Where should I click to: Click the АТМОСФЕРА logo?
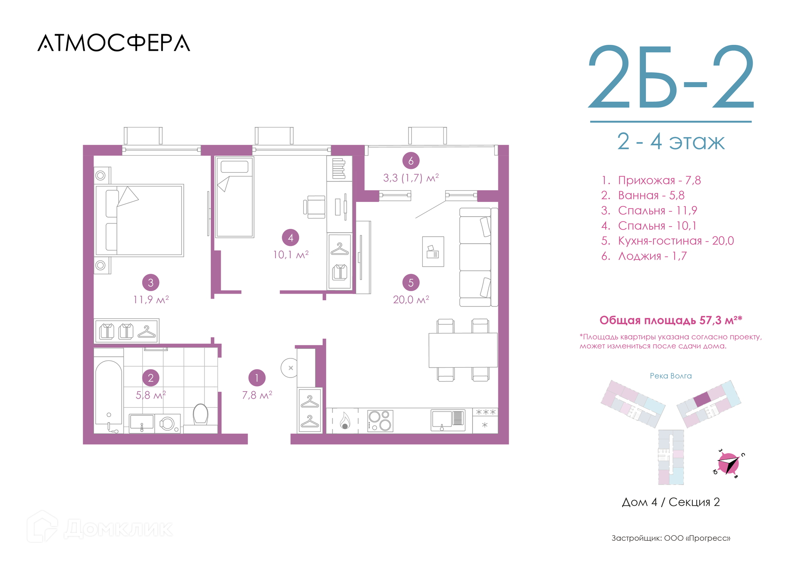point(114,43)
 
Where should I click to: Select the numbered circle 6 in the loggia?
point(411,161)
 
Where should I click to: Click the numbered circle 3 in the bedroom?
point(150,282)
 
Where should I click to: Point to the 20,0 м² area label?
point(411,299)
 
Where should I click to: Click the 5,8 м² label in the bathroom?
point(150,395)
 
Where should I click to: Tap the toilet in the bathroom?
point(201,414)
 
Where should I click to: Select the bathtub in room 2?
point(108,397)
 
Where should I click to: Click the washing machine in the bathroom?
point(168,424)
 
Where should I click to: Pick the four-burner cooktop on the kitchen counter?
point(380,421)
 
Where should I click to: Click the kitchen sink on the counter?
point(448,420)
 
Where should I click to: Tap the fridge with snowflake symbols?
point(485,420)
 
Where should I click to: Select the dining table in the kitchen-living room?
point(463,350)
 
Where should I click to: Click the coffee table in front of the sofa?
point(433,252)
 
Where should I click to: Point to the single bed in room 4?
point(235,197)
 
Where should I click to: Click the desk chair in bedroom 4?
point(315,207)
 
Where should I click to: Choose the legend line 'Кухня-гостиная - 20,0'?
point(667,241)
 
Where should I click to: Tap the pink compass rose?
point(729,463)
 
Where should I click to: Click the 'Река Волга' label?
point(671,376)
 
